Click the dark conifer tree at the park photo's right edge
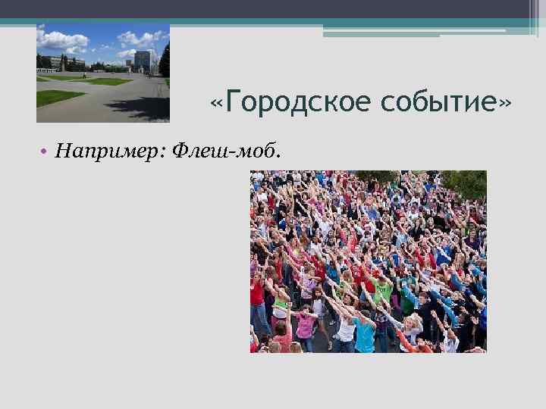165,61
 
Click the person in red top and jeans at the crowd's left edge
257,303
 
